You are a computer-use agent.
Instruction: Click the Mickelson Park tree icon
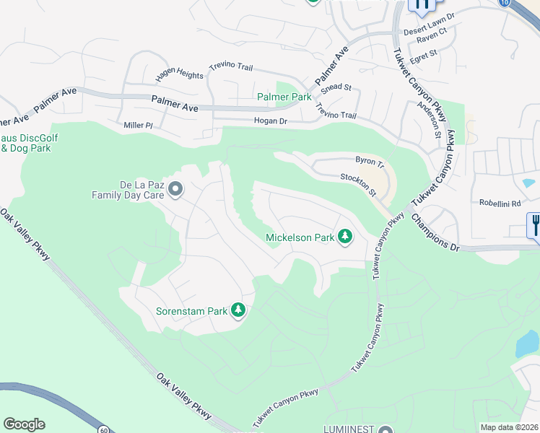click(x=345, y=237)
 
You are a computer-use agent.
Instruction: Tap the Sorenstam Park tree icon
click(x=238, y=311)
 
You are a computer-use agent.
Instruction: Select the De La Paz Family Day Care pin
click(x=175, y=190)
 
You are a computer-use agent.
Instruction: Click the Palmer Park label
click(x=284, y=97)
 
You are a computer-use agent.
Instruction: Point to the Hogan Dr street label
click(x=270, y=121)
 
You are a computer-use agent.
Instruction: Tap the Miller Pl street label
click(x=139, y=125)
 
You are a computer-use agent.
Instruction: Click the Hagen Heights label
click(x=180, y=74)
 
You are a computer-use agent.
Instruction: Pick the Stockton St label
click(x=359, y=184)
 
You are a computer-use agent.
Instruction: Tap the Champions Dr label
click(x=436, y=232)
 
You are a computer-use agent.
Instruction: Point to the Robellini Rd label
click(x=500, y=204)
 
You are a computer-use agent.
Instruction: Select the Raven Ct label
click(x=432, y=34)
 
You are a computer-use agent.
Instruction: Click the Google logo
click(x=24, y=424)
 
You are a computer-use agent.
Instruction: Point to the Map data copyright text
click(x=510, y=427)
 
